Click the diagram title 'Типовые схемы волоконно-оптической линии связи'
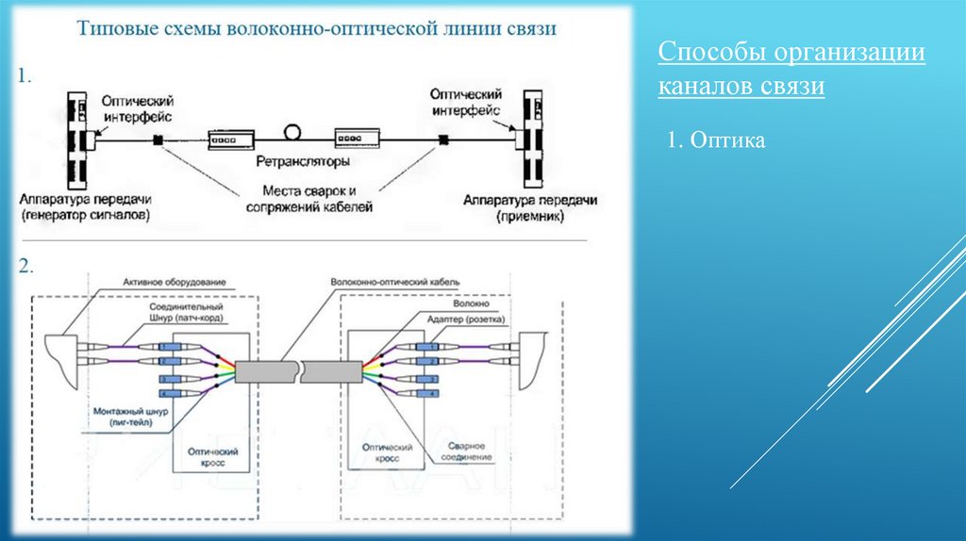[x=316, y=29]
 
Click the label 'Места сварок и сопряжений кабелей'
[x=310, y=198]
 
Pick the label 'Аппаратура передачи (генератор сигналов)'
[x=85, y=207]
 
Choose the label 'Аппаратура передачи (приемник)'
[x=530, y=207]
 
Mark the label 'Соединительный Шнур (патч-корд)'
[x=186, y=314]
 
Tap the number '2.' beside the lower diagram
[x=26, y=267]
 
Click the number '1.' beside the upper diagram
[x=26, y=76]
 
